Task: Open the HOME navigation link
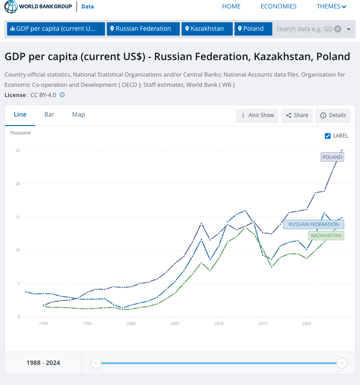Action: click(x=231, y=6)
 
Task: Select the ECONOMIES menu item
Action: click(x=279, y=6)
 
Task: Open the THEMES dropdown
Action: click(x=332, y=6)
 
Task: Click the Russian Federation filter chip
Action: click(x=143, y=29)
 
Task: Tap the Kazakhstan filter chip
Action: click(x=207, y=29)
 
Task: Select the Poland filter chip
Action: click(x=253, y=29)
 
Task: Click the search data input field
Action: click(x=304, y=29)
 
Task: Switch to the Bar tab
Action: click(x=49, y=114)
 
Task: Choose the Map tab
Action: click(x=78, y=114)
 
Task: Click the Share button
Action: click(x=297, y=115)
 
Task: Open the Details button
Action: click(x=333, y=115)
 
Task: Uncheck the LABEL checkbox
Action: click(x=328, y=136)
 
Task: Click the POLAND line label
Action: click(x=332, y=157)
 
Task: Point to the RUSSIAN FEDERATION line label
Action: click(x=313, y=224)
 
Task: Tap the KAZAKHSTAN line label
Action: click(x=326, y=235)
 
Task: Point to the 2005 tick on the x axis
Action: click(x=174, y=324)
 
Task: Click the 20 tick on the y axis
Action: click(x=17, y=183)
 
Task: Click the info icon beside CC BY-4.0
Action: click(x=62, y=95)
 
